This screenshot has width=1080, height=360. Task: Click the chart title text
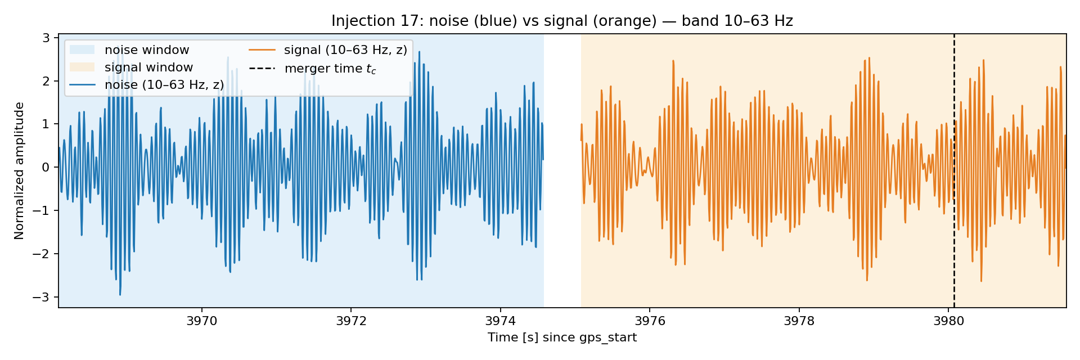[562, 21]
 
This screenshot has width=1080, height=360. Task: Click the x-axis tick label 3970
[201, 321]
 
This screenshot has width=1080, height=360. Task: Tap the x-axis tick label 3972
[351, 321]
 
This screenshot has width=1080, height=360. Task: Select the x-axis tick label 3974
[500, 321]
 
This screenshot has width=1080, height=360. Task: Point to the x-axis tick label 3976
[650, 321]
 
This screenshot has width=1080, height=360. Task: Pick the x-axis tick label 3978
[799, 321]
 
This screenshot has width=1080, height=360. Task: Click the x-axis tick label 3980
[948, 321]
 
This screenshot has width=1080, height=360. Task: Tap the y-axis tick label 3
[47, 38]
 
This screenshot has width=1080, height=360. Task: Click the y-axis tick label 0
[47, 167]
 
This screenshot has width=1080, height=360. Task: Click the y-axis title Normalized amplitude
[20, 170]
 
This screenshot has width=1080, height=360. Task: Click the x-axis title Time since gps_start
[562, 337]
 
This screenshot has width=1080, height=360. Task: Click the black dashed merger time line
[954, 170]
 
